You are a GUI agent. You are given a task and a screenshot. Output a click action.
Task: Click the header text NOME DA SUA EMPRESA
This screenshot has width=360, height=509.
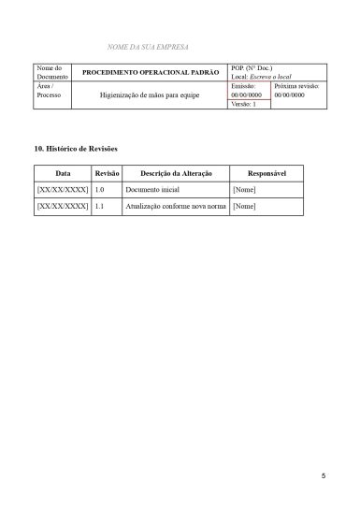tap(150, 46)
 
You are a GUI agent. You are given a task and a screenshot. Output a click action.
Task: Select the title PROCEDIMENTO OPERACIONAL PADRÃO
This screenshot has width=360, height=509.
tap(151, 72)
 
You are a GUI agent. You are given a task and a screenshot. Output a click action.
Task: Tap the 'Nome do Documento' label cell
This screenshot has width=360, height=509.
tap(49, 72)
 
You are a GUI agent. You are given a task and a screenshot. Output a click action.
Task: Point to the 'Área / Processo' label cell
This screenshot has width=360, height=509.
tap(46, 91)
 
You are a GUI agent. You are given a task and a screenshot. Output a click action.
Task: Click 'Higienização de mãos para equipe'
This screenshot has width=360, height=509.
tap(151, 95)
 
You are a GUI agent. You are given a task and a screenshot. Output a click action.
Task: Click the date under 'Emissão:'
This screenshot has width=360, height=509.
tap(247, 95)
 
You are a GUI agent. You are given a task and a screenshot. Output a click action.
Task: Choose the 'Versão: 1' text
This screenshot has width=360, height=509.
tap(244, 105)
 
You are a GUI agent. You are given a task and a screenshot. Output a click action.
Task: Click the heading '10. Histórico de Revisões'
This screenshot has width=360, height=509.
tap(75, 150)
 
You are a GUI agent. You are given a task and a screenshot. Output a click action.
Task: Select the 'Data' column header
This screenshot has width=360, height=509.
tap(63, 174)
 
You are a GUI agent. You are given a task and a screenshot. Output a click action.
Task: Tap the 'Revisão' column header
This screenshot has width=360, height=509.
tap(107, 174)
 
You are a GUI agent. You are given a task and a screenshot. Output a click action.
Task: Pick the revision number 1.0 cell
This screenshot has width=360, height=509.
tap(100, 190)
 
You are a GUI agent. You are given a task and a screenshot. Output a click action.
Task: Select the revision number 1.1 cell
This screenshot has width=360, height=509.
tap(100, 206)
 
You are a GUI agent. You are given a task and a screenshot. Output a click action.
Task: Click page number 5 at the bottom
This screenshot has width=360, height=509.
tap(324, 476)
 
